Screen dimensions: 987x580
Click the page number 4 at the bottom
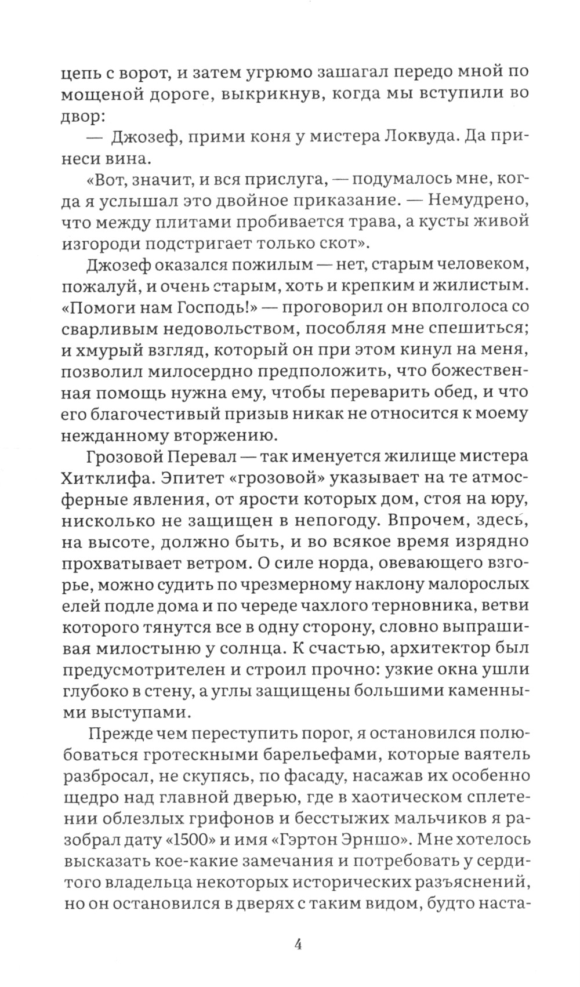click(297, 944)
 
